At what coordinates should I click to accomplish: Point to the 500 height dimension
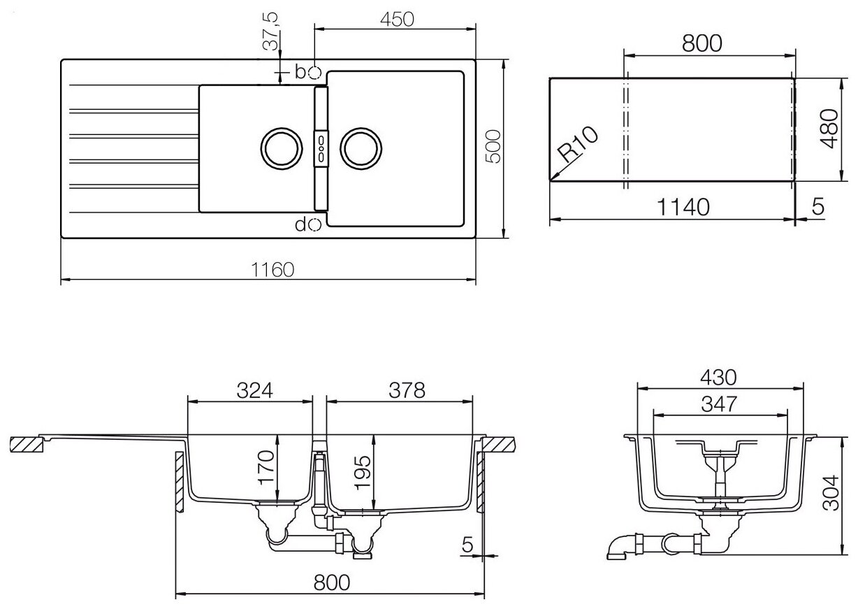click(x=493, y=146)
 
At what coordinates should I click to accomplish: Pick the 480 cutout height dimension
click(x=829, y=129)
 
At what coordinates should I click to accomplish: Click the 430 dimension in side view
click(x=720, y=377)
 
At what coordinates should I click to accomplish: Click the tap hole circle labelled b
click(x=314, y=71)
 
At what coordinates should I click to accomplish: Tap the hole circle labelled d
click(x=314, y=224)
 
